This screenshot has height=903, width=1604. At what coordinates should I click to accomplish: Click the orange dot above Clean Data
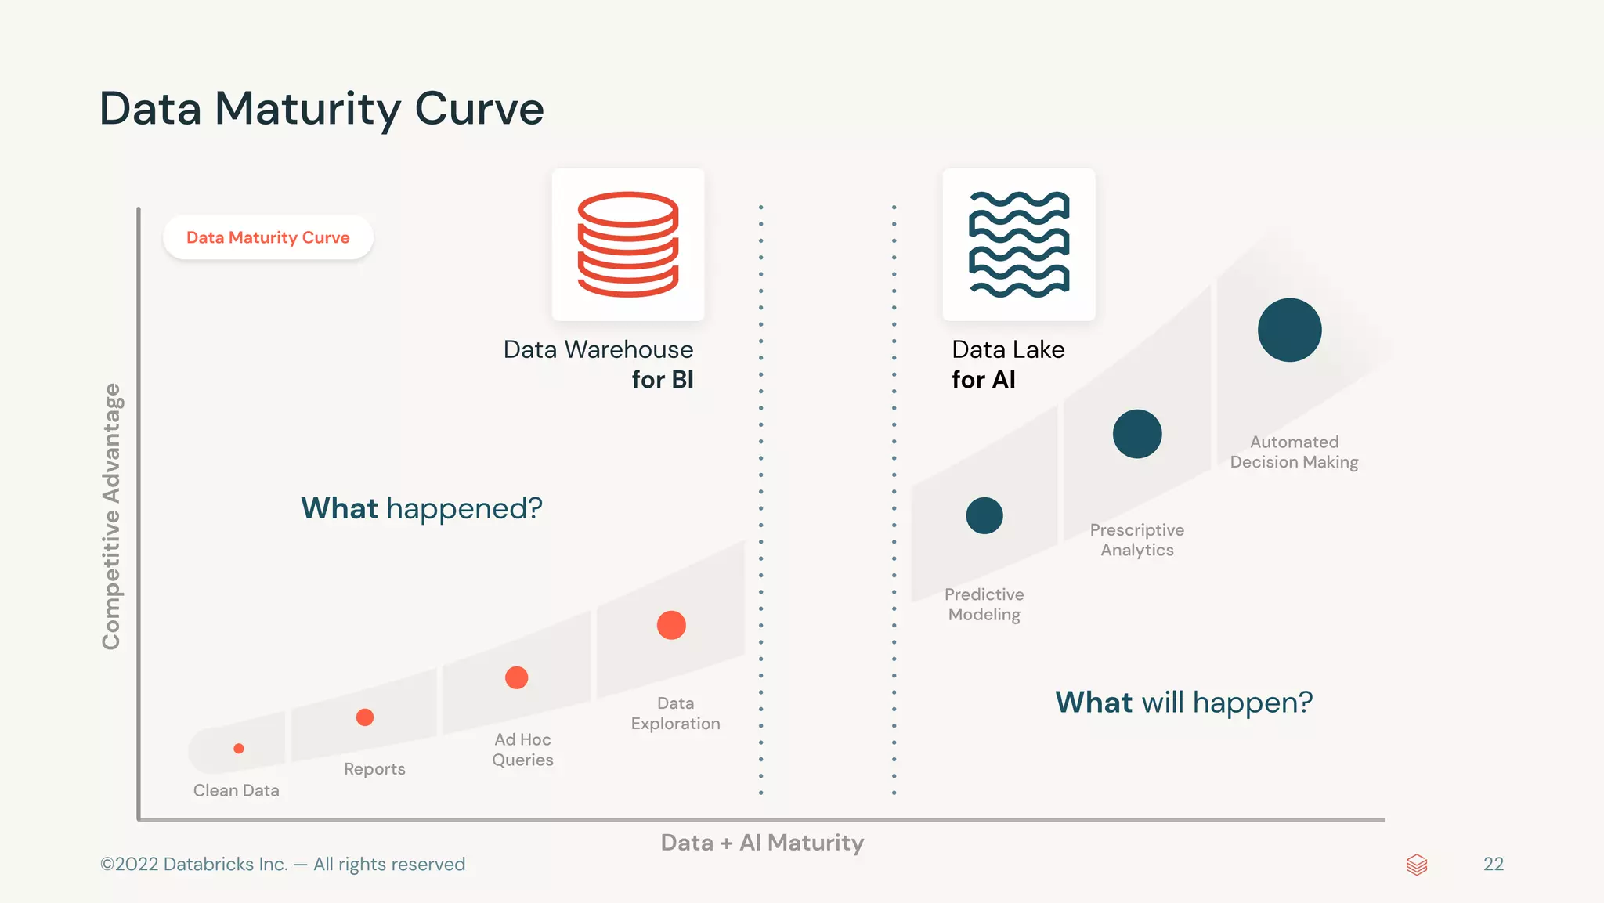point(239,749)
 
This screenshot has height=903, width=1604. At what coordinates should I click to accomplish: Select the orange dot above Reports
point(365,717)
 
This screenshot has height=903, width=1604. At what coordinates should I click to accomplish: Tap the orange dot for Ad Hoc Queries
point(516,677)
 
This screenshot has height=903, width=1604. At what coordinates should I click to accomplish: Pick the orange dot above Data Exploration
point(671,625)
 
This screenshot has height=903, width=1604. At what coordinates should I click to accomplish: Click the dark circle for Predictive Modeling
point(984,515)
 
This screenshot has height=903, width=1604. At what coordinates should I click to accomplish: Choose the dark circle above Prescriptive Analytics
point(1137,434)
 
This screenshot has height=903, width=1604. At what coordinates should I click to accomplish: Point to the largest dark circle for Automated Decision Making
point(1289,330)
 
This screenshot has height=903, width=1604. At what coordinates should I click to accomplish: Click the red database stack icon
point(628,244)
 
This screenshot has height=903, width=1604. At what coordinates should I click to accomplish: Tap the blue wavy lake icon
point(1019,244)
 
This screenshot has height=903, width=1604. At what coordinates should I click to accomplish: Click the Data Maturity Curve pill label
point(268,237)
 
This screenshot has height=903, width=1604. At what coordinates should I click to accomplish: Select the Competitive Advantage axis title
point(111,516)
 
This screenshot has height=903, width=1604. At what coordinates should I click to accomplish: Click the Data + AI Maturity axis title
point(762,843)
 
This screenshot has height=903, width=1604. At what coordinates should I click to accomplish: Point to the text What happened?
point(421,508)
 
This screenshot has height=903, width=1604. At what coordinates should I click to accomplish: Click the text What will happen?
point(1183,703)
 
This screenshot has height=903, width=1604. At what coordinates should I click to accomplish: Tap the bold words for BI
point(663,380)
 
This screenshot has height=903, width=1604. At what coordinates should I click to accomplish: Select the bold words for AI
point(984,380)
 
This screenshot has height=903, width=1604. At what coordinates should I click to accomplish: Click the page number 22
point(1493,864)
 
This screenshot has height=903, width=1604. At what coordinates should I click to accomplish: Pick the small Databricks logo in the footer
point(1417,865)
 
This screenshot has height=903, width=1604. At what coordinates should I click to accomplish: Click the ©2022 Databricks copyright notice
point(283,864)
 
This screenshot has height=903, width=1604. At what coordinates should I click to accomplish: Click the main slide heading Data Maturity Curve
point(321,108)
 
